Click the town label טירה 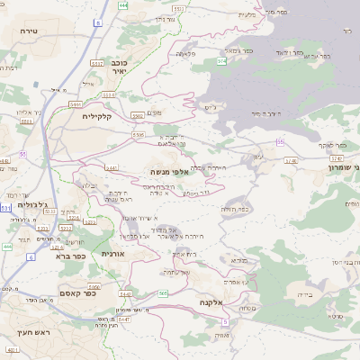pyautogui.click(x=26, y=31)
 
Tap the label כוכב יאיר pyautogui.click(x=119, y=68)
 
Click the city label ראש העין pyautogui.click(x=27, y=346)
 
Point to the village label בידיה pyautogui.click(x=304, y=293)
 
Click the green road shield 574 pyautogui.click(x=220, y=61)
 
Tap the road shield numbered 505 pyautogui.click(x=163, y=293)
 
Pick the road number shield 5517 pyautogui.click(x=96, y=64)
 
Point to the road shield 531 pyautogui.click(x=5, y=208)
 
